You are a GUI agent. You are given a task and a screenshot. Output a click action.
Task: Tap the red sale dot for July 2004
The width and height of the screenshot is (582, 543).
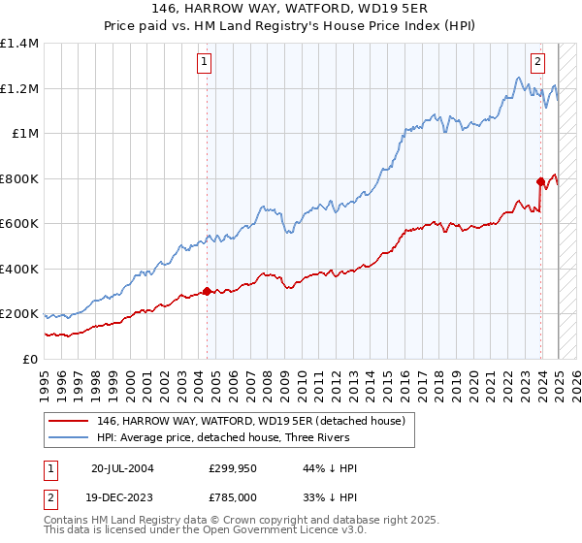pyautogui.click(x=208, y=291)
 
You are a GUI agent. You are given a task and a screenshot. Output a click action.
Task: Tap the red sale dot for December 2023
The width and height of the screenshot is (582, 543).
pyautogui.click(x=540, y=180)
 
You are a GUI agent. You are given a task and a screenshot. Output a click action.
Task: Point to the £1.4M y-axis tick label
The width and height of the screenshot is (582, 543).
pyautogui.click(x=19, y=44)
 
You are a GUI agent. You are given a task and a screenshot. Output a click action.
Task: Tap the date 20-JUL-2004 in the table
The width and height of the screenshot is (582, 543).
pyautogui.click(x=122, y=468)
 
